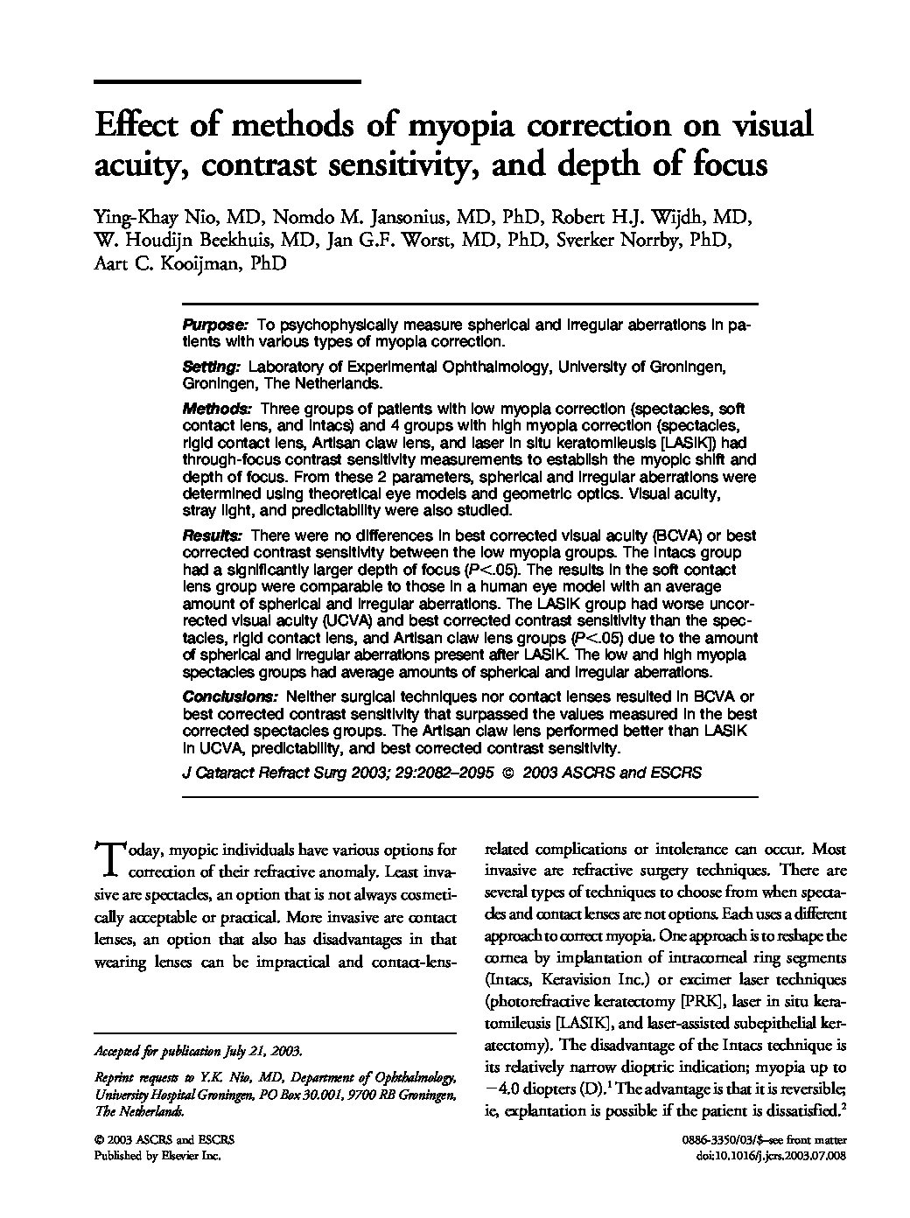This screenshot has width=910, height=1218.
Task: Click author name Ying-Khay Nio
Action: [147, 217]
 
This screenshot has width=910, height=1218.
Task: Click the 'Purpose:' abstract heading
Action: [215, 325]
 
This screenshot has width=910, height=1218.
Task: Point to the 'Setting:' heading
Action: [211, 367]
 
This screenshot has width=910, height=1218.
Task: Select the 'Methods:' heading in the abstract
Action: [217, 409]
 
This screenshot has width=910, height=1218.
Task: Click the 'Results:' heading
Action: [213, 535]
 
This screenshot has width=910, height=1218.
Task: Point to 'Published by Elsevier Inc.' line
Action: [157, 1156]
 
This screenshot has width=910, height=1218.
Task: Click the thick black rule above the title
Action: [227, 81]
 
